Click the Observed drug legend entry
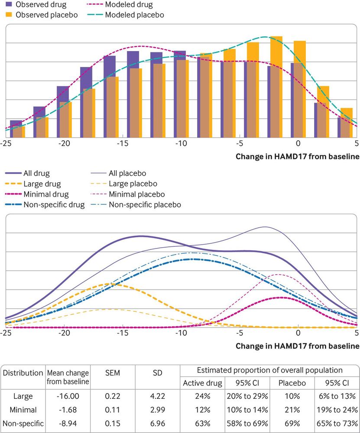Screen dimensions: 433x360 [x=36, y=5]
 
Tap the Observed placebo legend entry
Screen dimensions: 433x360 [x=41, y=15]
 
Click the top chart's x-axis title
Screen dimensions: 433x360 [x=297, y=156]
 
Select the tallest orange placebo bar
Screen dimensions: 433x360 [x=276, y=87]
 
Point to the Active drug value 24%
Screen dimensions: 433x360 [x=202, y=396]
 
